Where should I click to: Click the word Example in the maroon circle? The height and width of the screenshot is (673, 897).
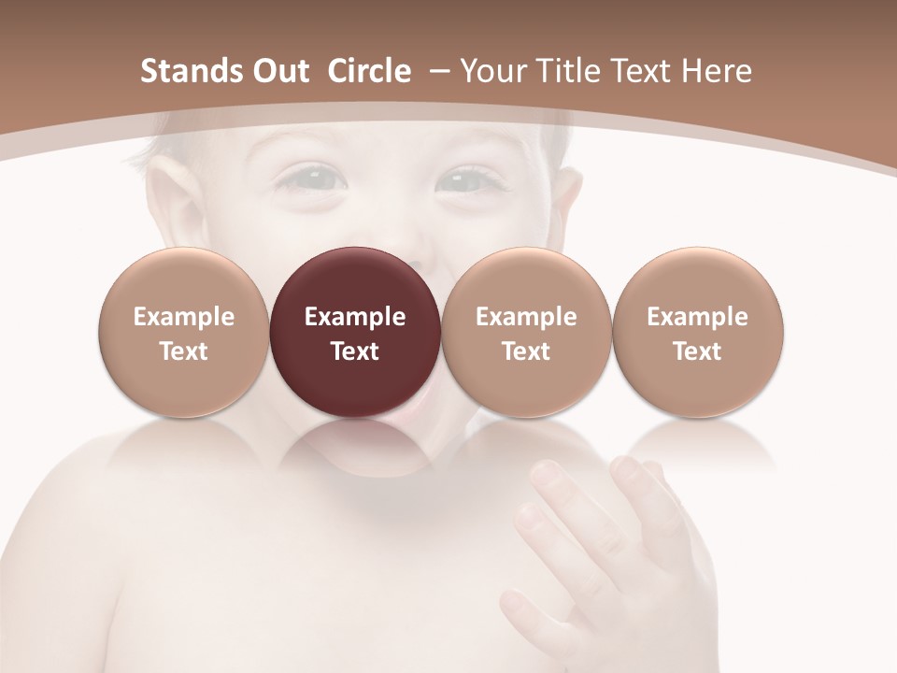[x=355, y=317]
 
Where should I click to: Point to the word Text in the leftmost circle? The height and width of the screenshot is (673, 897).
[x=184, y=351]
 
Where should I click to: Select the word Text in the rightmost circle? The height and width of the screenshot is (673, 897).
[x=698, y=351]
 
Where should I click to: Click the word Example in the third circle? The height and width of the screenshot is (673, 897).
[x=526, y=317]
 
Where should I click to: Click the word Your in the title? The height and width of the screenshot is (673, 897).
[x=491, y=71]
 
